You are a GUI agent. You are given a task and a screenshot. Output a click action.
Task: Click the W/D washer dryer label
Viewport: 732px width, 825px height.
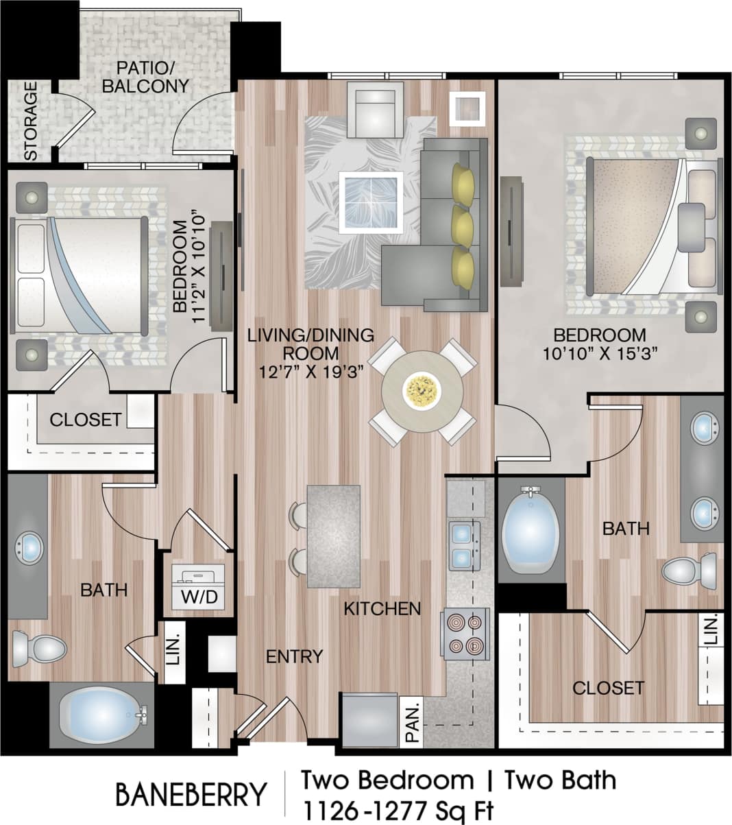(199, 597)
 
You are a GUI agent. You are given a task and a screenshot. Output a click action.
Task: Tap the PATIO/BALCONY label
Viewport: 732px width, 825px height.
(152, 77)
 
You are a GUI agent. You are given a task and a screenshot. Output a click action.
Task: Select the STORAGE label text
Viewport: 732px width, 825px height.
(31, 121)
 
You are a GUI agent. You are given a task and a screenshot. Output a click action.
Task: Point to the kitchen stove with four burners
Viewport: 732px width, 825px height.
(465, 634)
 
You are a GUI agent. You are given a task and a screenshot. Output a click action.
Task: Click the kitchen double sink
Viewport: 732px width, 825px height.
(464, 546)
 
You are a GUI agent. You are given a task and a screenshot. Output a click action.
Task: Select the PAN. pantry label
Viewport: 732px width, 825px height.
(412, 721)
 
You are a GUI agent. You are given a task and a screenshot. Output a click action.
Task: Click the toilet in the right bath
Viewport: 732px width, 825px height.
(688, 569)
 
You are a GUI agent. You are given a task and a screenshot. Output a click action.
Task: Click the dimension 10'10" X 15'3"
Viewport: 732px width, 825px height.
(600, 354)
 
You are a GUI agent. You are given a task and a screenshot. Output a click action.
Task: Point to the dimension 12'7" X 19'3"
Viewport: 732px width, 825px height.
(310, 371)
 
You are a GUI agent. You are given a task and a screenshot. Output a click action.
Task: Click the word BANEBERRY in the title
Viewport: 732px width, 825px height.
(190, 795)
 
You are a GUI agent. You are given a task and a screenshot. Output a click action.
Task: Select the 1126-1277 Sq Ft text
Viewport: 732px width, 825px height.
(398, 811)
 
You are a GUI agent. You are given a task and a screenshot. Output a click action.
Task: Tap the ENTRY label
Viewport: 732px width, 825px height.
(294, 656)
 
